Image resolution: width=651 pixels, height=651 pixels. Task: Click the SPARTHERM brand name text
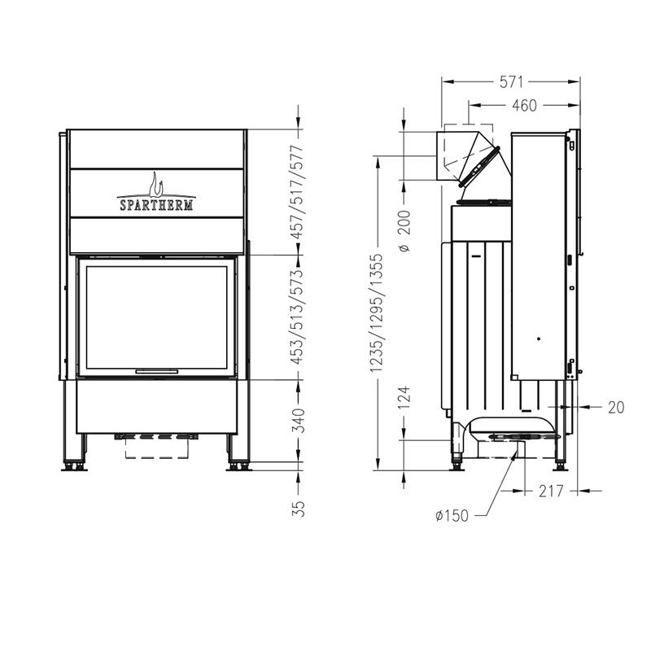pyautogui.click(x=156, y=205)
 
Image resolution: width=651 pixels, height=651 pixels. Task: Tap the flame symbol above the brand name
pyautogui.click(x=155, y=185)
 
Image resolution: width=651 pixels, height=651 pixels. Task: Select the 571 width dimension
pyautogui.click(x=511, y=82)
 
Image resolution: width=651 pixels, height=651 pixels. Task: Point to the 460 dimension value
pyautogui.click(x=524, y=106)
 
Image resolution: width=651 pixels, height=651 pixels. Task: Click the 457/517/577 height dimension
pyautogui.click(x=298, y=192)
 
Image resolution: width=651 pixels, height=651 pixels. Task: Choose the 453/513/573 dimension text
pyautogui.click(x=298, y=317)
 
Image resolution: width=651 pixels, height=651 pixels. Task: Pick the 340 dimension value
pyautogui.click(x=298, y=420)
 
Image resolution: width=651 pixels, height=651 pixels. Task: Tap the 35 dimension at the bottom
pyautogui.click(x=298, y=509)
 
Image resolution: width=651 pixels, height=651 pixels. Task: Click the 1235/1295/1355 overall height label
pyautogui.click(x=378, y=312)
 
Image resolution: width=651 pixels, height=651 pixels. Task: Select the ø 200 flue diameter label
pyautogui.click(x=404, y=231)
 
